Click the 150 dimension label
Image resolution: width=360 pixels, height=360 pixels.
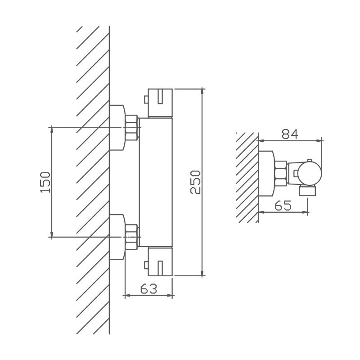[x=45, y=182]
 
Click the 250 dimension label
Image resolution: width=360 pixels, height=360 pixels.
[x=195, y=182]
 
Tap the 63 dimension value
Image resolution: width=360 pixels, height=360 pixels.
[x=149, y=289]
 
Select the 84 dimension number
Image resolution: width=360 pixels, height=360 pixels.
[x=290, y=134]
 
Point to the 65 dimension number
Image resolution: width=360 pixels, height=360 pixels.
[x=283, y=205]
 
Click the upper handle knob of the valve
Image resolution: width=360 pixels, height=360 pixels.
[x=160, y=103]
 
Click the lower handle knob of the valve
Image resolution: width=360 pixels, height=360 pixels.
[x=160, y=261]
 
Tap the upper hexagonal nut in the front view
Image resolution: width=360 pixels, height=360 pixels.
[x=131, y=128]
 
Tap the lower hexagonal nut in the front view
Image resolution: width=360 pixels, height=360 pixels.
[x=131, y=237]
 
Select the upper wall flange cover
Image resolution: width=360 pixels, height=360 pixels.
[x=117, y=128]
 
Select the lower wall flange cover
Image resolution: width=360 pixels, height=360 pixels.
[x=117, y=237]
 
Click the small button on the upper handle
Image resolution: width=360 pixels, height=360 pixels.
[x=146, y=99]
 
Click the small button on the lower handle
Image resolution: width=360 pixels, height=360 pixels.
[x=146, y=265]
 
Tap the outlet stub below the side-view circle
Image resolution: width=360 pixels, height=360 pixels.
[x=308, y=191]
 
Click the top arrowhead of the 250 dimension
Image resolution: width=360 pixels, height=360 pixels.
[x=202, y=91]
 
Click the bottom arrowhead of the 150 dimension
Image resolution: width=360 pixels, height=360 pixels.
[x=52, y=234]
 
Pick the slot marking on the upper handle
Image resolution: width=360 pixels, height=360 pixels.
[x=160, y=97]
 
